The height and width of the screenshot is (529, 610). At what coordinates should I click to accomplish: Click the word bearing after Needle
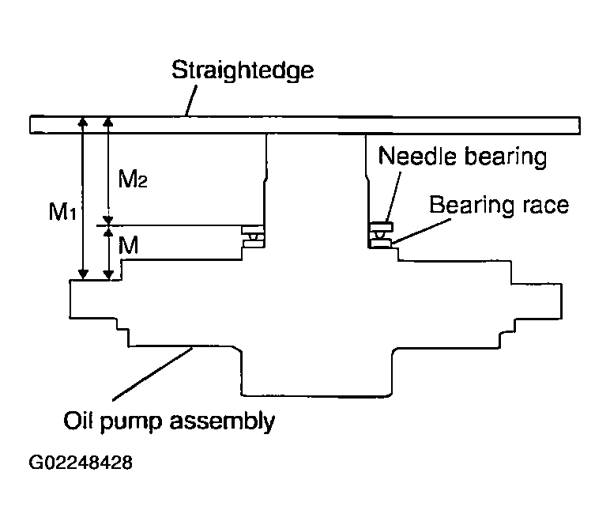pos(506,157)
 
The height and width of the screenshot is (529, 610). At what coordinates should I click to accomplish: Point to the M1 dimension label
pos(62,212)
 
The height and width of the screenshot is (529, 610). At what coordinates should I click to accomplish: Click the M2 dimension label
pos(133,179)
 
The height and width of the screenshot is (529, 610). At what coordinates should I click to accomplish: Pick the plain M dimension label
pos(128,245)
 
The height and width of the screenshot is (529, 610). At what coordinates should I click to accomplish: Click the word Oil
pos(77,421)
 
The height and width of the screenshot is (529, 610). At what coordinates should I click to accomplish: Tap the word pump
pos(131,423)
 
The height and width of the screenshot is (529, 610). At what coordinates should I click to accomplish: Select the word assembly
pos(222,422)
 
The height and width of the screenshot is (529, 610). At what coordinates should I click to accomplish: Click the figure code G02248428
pos(81,463)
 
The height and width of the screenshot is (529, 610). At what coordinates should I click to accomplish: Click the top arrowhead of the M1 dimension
pos(83,122)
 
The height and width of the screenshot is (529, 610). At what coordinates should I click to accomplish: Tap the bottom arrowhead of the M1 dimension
pos(83,274)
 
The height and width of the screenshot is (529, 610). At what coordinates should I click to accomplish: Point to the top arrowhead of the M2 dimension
pos(108,122)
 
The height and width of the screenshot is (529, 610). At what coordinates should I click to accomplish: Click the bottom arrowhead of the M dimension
pos(108,274)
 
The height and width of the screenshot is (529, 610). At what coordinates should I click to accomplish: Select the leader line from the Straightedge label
pos(191,100)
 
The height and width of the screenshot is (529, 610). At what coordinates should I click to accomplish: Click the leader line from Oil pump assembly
pos(152,374)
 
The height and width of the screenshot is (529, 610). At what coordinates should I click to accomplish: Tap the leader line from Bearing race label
pos(421,232)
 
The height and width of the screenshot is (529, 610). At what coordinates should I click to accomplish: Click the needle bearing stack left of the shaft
pos(254,236)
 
